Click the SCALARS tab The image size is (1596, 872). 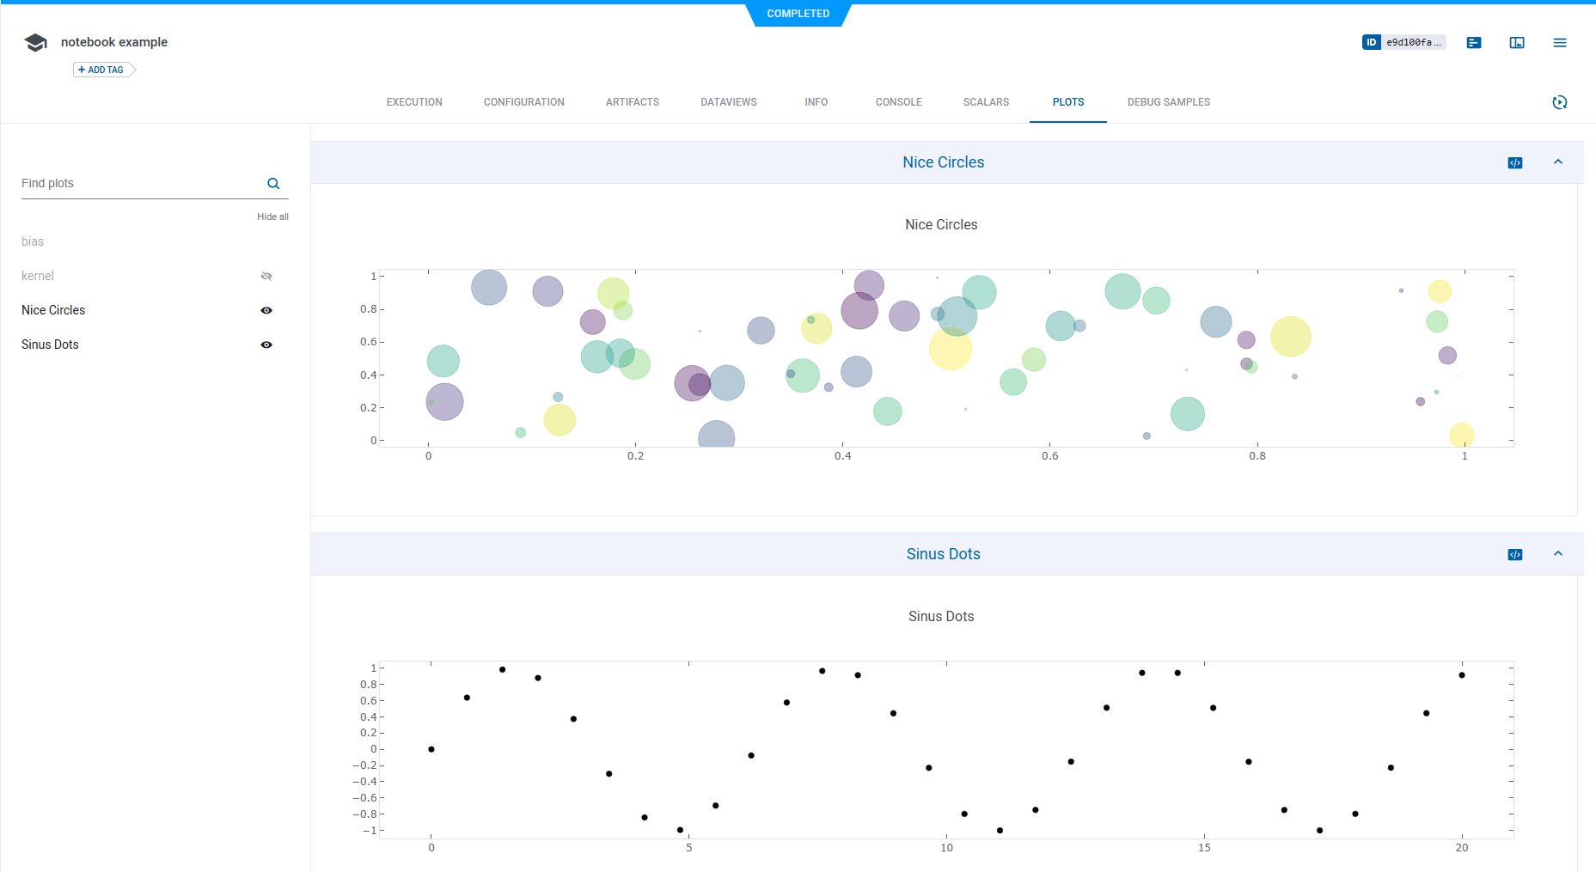986,102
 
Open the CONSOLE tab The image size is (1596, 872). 898,102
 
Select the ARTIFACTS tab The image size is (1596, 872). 633,102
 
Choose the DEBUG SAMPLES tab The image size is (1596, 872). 1168,102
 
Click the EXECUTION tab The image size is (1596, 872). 414,102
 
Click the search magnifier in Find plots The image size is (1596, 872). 273,184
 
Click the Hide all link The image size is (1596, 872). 272,216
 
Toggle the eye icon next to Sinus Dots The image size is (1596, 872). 266,345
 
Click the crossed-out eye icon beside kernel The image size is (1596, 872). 266,276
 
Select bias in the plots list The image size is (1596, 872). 33,241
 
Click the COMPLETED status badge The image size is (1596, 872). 798,14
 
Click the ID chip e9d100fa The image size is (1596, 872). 1404,42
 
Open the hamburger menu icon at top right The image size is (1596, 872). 1559,42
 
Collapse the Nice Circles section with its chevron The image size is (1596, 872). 1557,162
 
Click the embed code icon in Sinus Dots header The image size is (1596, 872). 1515,555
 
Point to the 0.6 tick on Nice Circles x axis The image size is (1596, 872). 1049,456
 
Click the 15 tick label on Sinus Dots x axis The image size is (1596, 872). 1204,848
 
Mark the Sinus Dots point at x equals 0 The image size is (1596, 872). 431,749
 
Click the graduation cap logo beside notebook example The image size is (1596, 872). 36,42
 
